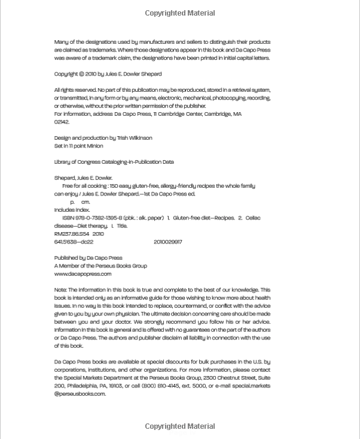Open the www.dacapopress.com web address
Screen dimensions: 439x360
pyautogui.click(x=83, y=274)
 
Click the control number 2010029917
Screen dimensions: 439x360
pyautogui.click(x=168, y=242)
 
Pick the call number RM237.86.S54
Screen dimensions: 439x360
pyautogui.click(x=71, y=234)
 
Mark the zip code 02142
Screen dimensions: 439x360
pyautogui.click(x=62, y=122)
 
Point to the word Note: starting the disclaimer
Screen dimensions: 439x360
pyautogui.click(x=61, y=290)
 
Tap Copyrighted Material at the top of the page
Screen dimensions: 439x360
pyautogui.click(x=180, y=13)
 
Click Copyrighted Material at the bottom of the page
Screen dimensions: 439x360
pyautogui.click(x=180, y=426)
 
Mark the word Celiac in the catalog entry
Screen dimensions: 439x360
pyautogui.click(x=253, y=218)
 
